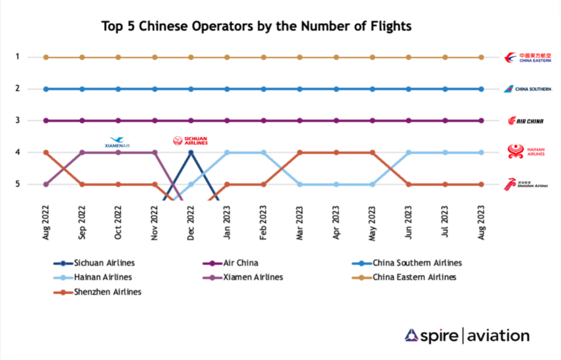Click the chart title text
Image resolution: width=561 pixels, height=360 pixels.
(256, 26)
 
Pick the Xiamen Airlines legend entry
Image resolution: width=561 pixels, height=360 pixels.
(246, 277)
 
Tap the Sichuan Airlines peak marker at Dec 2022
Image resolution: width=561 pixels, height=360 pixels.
(191, 152)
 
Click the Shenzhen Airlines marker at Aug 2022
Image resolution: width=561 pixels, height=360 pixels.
(46, 152)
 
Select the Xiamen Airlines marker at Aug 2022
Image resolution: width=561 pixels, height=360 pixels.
(46, 184)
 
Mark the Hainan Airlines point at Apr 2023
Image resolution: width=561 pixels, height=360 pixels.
(336, 184)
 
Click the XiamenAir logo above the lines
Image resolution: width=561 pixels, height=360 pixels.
(118, 142)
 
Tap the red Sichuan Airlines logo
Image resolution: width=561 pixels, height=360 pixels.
(190, 140)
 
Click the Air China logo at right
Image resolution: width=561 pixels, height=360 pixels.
(526, 121)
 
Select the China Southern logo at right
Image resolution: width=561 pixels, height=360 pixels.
(527, 89)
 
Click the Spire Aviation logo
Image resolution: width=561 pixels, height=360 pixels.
(467, 336)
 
